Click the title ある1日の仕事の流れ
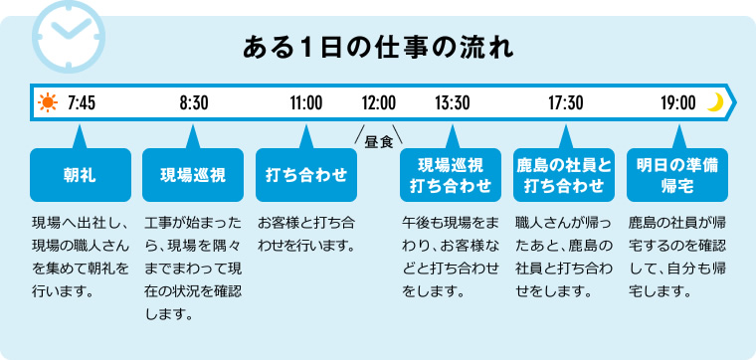(377, 46)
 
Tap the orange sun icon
(47, 102)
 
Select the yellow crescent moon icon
(714, 101)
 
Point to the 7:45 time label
(82, 102)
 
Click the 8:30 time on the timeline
(194, 102)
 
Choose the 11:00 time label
(306, 102)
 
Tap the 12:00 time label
(378, 102)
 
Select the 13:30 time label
(453, 102)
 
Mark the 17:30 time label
(565, 102)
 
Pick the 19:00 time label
(677, 102)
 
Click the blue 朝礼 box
(81, 174)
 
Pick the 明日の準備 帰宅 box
(676, 174)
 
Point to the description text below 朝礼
(81, 255)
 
